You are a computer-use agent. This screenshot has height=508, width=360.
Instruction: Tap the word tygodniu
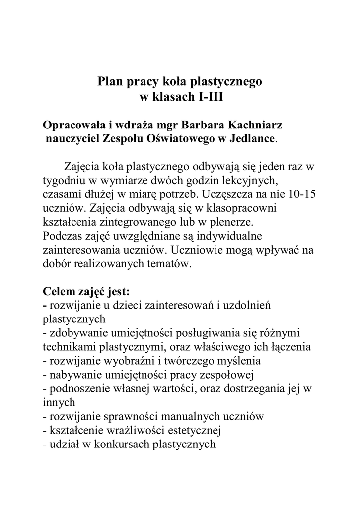(62, 179)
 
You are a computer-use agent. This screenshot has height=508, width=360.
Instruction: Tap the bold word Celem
(60, 291)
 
